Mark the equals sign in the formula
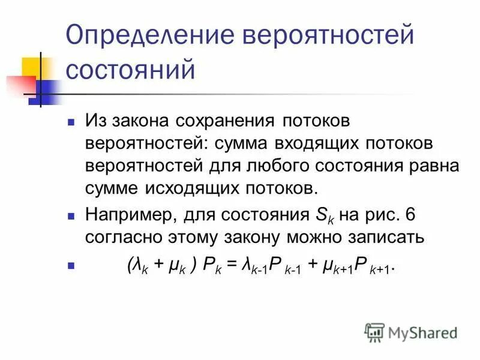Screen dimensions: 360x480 tap(232, 266)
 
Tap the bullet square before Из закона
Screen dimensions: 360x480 tap(71, 122)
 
